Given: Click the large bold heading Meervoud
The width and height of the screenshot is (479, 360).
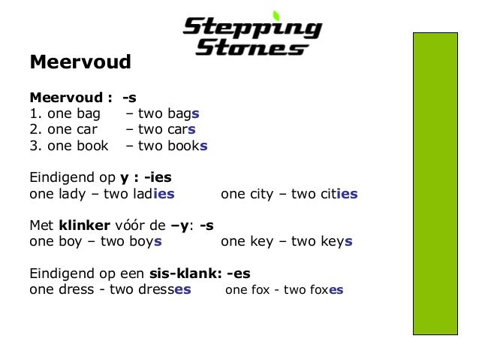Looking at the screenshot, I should tap(80, 62).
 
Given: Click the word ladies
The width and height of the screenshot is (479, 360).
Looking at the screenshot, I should tap(155, 194).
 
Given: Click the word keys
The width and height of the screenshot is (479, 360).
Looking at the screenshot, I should tap(335, 242).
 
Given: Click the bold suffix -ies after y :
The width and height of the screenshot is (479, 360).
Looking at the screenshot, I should tap(157, 178).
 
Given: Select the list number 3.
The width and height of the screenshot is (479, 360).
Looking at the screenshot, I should tap(33, 145).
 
